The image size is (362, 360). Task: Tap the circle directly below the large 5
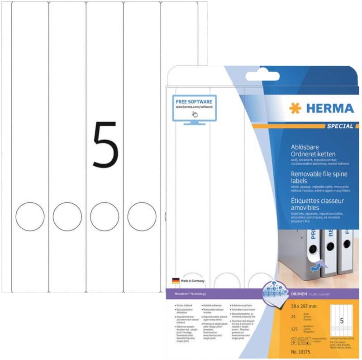click(x=105, y=216)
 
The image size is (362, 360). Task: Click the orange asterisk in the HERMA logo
click(x=295, y=109)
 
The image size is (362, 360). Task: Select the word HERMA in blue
click(x=329, y=109)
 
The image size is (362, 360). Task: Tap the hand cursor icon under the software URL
click(x=195, y=114)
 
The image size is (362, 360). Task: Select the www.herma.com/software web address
click(x=194, y=107)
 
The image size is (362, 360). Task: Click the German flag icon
click(x=176, y=281)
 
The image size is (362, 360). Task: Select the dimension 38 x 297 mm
click(x=300, y=306)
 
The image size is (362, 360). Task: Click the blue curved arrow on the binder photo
click(x=311, y=267)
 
